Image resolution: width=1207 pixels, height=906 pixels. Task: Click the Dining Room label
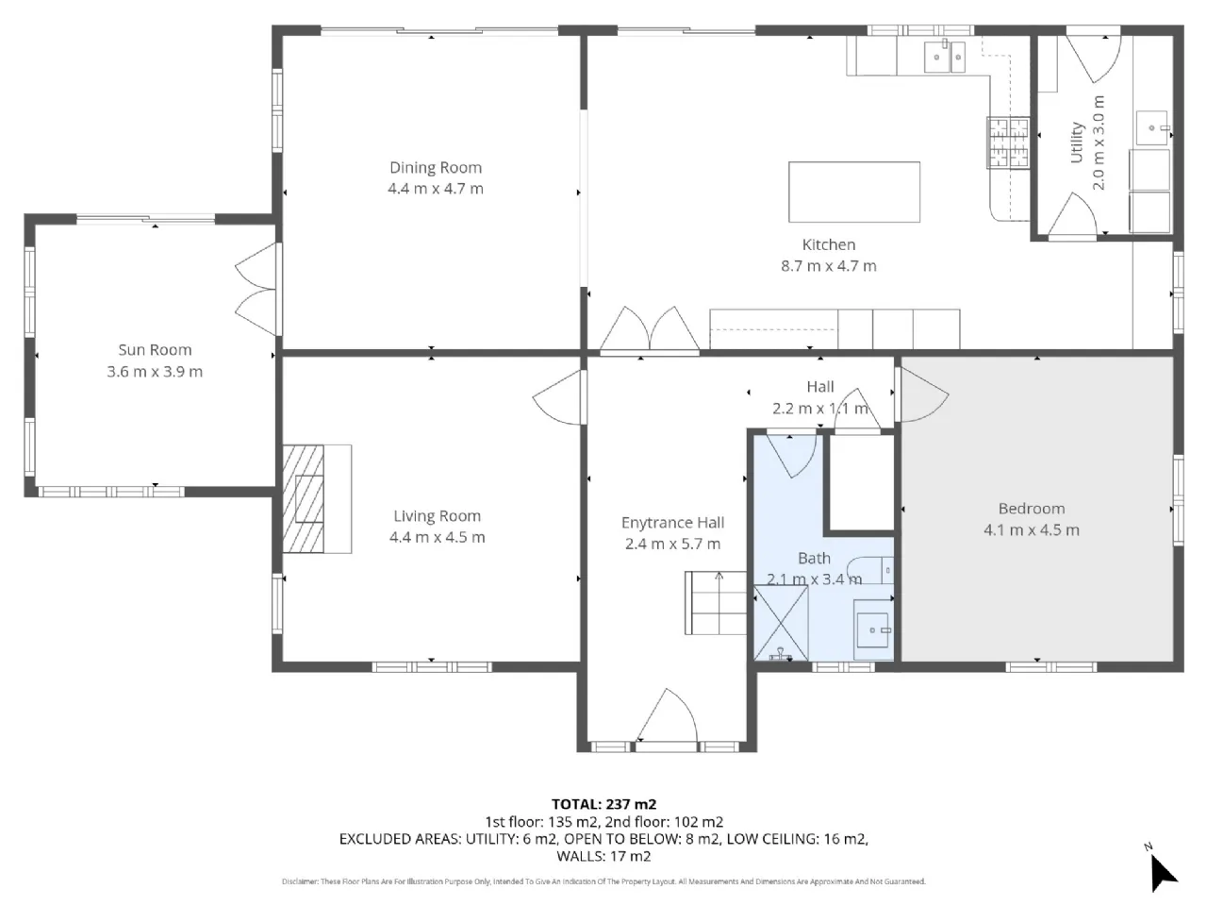click(435, 167)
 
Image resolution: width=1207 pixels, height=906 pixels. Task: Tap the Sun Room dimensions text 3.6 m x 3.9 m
click(155, 371)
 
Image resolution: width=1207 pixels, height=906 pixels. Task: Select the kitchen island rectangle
click(853, 192)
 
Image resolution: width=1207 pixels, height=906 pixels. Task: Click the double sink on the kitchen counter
click(944, 57)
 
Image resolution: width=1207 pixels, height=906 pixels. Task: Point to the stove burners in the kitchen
click(1007, 142)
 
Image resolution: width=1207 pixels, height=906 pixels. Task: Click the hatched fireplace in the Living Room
click(303, 498)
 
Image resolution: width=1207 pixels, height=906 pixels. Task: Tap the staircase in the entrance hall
click(716, 602)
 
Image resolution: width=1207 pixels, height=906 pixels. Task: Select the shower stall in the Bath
click(780, 623)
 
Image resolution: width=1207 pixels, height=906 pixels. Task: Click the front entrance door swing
click(667, 715)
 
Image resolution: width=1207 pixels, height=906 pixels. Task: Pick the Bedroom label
click(1031, 509)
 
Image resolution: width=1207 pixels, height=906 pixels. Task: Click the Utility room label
click(1076, 143)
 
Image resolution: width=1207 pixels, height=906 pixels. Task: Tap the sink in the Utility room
click(1152, 127)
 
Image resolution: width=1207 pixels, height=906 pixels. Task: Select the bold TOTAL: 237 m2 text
click(603, 804)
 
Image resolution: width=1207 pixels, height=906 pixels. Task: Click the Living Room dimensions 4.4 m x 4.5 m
click(438, 537)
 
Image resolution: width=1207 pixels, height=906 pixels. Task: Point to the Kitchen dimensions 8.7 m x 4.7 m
click(828, 266)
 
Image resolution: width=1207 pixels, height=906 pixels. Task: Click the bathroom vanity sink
click(872, 629)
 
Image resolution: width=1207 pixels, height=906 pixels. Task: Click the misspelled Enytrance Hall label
click(672, 523)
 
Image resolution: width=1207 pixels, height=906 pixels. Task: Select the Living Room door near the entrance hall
click(557, 397)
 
